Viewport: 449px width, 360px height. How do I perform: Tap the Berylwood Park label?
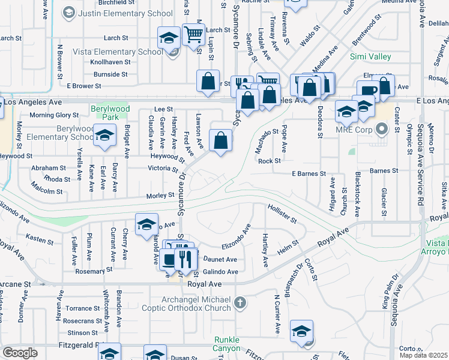click(x=110, y=112)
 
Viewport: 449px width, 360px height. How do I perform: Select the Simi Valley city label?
click(x=371, y=57)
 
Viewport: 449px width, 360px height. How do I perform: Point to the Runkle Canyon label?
click(x=227, y=344)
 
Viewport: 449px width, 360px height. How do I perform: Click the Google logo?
click(x=19, y=353)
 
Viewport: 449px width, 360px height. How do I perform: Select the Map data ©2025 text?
click(x=424, y=355)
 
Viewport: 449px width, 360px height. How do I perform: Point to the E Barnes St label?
click(x=309, y=173)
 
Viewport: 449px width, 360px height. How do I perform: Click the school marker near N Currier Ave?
click(x=301, y=331)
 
